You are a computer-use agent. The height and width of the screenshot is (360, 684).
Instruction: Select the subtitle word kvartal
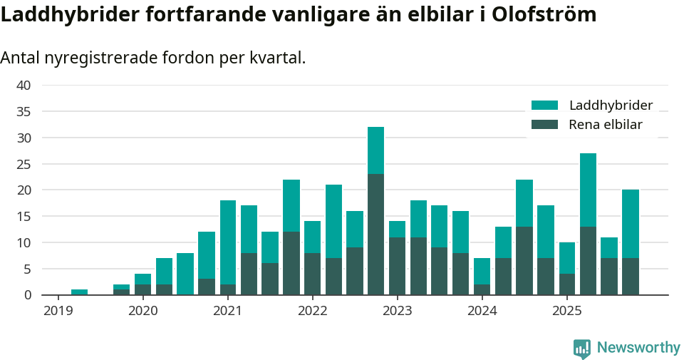coord(276,58)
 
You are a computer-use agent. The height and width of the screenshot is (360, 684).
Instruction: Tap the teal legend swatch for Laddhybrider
coord(545,106)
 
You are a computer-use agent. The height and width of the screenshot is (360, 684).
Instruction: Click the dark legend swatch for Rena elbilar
coord(545,125)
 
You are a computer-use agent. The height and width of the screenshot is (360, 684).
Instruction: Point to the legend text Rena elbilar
coord(606,125)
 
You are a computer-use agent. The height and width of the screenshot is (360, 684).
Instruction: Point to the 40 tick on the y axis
coord(24,86)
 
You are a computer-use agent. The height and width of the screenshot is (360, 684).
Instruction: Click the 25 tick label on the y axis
coord(24,164)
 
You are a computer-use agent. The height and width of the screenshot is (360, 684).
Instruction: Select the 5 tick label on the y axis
coord(27,269)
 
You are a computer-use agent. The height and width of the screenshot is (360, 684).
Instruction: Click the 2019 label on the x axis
coord(58,311)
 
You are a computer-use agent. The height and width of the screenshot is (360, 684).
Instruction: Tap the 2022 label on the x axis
coord(313,311)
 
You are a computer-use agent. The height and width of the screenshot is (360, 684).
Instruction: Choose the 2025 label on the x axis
coord(567,311)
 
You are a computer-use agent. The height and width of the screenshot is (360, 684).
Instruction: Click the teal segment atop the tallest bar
coord(375,150)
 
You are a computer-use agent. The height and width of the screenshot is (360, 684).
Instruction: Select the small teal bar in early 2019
coord(79,292)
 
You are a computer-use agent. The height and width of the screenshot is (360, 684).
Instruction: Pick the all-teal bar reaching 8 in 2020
coord(185,274)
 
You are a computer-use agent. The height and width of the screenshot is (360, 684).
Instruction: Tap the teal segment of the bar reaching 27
coord(588,190)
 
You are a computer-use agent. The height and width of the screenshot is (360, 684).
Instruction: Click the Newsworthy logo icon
coord(582,348)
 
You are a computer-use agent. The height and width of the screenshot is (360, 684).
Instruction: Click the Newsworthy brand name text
coord(638,348)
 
